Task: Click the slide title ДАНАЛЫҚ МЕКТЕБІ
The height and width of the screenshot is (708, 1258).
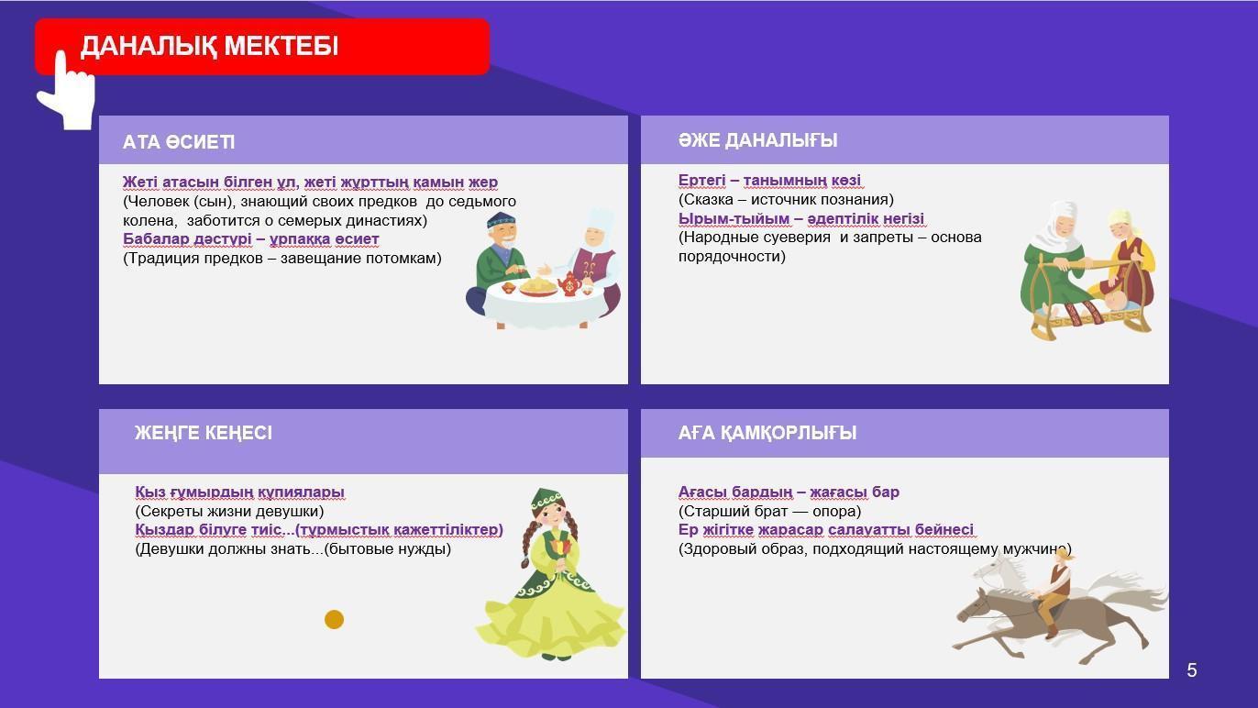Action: [x=209, y=46]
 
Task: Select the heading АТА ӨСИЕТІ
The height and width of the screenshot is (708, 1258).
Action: [x=179, y=142]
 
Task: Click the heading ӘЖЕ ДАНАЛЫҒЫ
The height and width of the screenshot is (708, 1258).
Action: [x=757, y=140]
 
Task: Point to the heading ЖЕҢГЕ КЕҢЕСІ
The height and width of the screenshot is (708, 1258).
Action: [x=203, y=433]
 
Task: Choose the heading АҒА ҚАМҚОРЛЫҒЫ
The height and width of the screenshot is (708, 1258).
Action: [x=767, y=433]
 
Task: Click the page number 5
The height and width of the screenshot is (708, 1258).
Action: [x=1192, y=670]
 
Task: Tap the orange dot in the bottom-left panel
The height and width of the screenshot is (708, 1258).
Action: [x=334, y=619]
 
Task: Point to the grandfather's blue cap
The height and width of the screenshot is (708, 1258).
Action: [x=500, y=220]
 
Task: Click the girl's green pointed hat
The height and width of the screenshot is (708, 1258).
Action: [x=546, y=498]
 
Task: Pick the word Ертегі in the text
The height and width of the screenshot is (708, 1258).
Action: [x=702, y=181]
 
